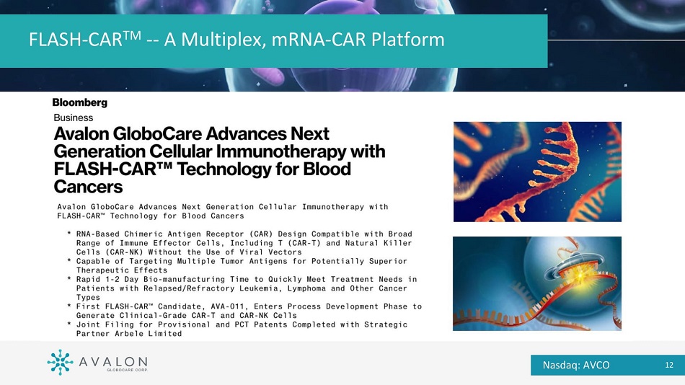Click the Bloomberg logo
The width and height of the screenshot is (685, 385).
click(79, 102)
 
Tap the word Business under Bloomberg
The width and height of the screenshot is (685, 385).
click(74, 118)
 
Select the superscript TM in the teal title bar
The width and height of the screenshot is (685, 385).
click(131, 34)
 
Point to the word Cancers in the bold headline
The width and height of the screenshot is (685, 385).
click(88, 187)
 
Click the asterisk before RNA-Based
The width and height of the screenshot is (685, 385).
click(69, 234)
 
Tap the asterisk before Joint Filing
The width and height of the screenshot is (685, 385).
click(69, 324)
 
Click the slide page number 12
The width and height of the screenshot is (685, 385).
click(669, 365)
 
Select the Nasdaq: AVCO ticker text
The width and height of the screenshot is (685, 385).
click(576, 365)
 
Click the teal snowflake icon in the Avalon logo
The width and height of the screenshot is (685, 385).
click(60, 362)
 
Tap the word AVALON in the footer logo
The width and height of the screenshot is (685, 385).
click(113, 361)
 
